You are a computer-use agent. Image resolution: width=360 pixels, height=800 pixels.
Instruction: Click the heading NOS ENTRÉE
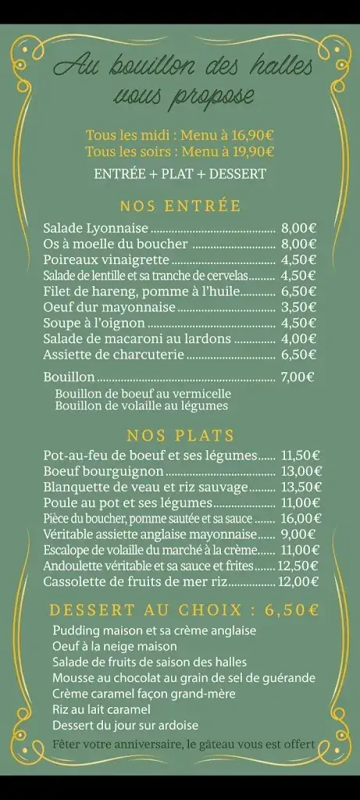pyautogui.click(x=180, y=206)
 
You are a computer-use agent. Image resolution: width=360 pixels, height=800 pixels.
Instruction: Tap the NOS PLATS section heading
pyautogui.click(x=180, y=435)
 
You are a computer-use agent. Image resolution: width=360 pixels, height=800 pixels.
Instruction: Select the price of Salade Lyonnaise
pyautogui.click(x=298, y=228)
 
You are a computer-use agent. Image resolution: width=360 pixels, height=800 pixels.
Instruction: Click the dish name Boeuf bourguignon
pyautogui.click(x=103, y=471)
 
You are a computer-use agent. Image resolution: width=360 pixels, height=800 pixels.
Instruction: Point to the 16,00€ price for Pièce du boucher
pyautogui.click(x=301, y=518)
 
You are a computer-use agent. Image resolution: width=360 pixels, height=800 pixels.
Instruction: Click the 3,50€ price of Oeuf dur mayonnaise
pyautogui.click(x=298, y=307)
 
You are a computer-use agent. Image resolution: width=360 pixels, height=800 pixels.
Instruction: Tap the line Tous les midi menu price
pyautogui.click(x=180, y=134)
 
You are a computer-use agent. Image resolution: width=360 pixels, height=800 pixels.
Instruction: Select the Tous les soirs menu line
pyautogui.click(x=180, y=152)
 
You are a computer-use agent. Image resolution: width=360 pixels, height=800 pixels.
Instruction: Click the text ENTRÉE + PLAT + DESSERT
pyautogui.click(x=180, y=174)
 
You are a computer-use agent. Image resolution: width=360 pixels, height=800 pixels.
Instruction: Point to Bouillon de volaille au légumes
pyautogui.click(x=141, y=405)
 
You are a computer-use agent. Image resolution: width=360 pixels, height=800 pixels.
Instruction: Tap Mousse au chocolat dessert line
pyautogui.click(x=184, y=677)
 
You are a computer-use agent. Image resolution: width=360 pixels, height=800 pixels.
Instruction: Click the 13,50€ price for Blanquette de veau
pyautogui.click(x=301, y=487)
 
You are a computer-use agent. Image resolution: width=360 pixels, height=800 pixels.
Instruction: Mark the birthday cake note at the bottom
pyautogui.click(x=184, y=745)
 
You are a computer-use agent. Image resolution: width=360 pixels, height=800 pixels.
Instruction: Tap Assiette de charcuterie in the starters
pyautogui.click(x=113, y=354)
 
